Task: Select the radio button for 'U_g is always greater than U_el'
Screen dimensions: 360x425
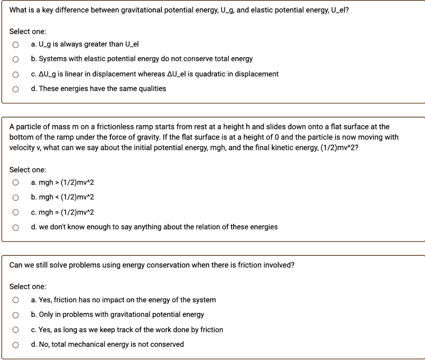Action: point(15,44)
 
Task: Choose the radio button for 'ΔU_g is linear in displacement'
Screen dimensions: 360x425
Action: point(15,74)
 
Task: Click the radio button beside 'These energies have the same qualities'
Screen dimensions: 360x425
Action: point(15,89)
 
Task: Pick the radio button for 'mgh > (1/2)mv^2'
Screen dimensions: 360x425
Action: point(15,183)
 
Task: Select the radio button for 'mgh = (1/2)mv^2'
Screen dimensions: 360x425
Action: point(15,213)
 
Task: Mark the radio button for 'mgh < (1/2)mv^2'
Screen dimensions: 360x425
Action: point(15,198)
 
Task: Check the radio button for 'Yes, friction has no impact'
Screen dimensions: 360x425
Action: point(15,300)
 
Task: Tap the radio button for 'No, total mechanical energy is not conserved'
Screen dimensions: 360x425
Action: point(15,345)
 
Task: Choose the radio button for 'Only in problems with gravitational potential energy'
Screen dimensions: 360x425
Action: point(15,315)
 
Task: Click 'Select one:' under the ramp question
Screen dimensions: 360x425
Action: point(28,169)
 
